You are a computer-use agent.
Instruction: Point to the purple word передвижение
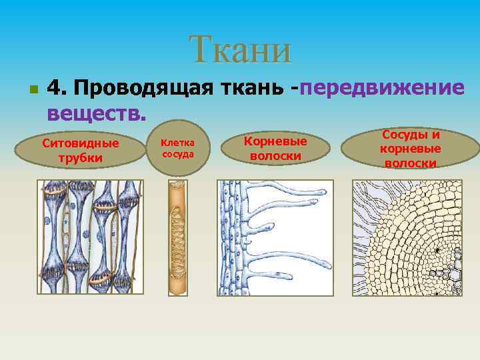pos(383,87)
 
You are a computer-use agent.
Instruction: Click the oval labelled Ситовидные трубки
pos(80,151)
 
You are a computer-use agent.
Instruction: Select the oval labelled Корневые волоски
pos(275,149)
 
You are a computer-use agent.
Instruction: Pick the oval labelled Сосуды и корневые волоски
pos(410,149)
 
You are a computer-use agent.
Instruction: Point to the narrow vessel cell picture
pos(179,237)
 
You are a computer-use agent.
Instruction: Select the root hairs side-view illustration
pos(275,237)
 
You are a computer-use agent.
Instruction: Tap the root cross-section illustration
pos(407,237)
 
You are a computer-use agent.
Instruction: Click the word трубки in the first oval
pos(80,158)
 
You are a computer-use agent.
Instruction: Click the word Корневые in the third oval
pos(275,142)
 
